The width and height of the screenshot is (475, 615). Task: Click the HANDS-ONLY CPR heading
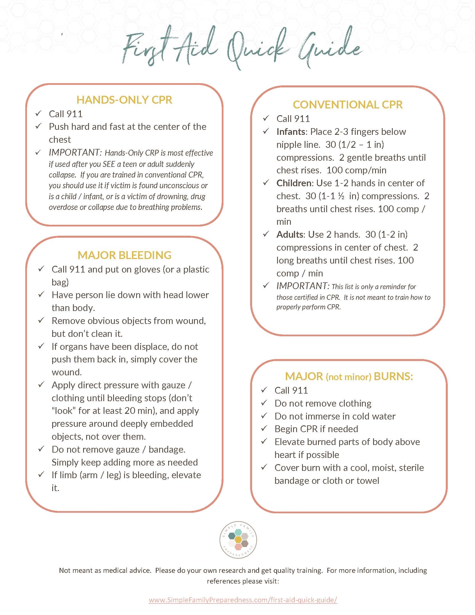[124, 100]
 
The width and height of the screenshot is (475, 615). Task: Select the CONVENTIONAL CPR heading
[348, 105]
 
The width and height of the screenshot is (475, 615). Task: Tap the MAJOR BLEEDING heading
[124, 255]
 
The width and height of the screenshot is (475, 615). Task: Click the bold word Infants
[290, 132]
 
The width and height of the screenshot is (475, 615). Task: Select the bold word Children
[294, 183]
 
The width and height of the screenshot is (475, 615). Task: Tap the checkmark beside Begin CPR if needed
[264, 428]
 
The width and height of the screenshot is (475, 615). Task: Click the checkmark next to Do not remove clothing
[264, 403]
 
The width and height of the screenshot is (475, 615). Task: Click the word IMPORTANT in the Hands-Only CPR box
[75, 153]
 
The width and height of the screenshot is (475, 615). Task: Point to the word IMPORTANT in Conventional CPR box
[302, 286]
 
